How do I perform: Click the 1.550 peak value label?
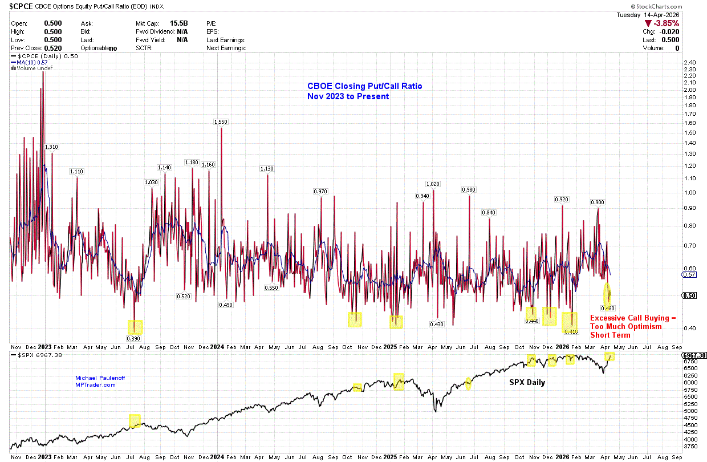[221, 121]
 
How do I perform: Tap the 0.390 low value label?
[135, 337]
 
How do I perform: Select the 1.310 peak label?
[52, 147]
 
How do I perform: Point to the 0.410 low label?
[571, 331]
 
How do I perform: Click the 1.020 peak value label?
[433, 184]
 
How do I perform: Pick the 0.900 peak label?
[598, 202]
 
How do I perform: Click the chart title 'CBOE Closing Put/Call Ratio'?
[365, 86]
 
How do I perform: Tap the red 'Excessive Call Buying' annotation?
[632, 318]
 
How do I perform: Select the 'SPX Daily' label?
[527, 382]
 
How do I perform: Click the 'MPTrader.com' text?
[96, 385]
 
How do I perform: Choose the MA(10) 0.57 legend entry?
[33, 62]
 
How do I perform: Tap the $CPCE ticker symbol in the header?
[21, 6]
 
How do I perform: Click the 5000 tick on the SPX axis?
[689, 411]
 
